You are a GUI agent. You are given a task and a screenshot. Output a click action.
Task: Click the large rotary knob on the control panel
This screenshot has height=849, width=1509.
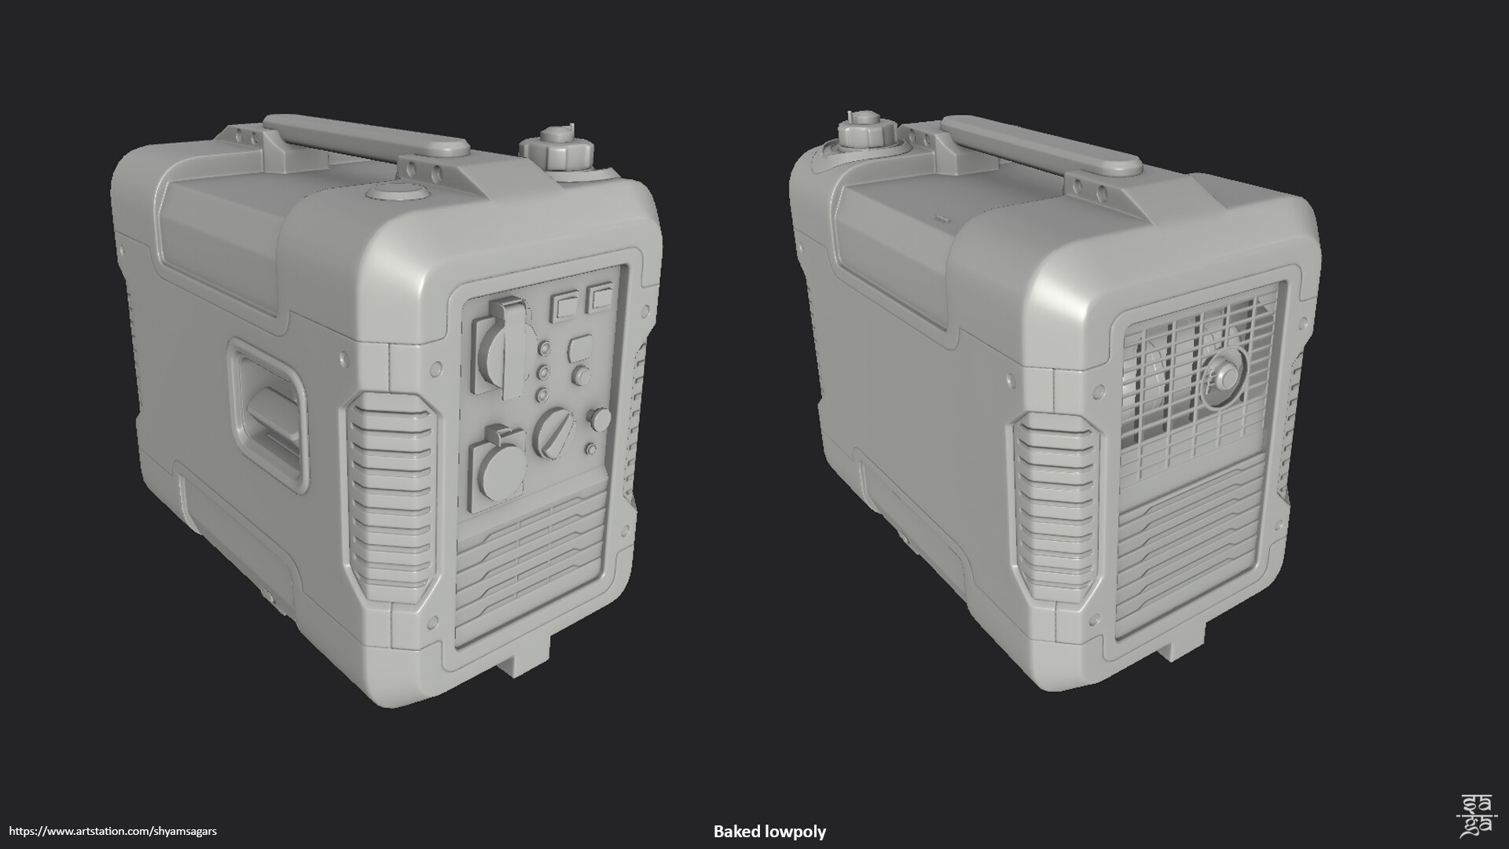coord(553,432)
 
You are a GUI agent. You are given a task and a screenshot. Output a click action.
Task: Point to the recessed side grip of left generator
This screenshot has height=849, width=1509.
coord(268,412)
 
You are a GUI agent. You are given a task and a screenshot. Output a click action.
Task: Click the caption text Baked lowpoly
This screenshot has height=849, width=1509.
coord(769,831)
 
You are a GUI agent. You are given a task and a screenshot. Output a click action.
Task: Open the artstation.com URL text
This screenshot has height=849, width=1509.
coord(113,831)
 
